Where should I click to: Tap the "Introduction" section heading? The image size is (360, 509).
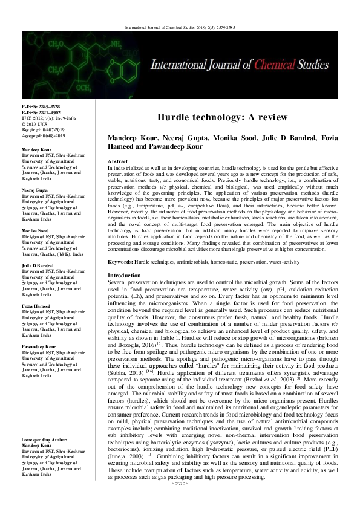(123, 275)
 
